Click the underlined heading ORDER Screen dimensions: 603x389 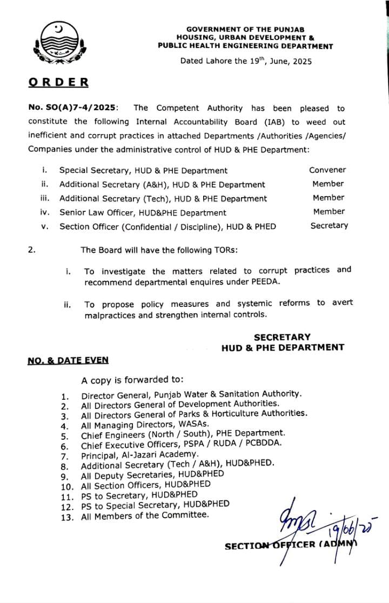click(58, 83)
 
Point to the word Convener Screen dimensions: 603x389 click(327, 170)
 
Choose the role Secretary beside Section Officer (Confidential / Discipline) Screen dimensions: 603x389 click(329, 226)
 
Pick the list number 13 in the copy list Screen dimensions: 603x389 click(66, 516)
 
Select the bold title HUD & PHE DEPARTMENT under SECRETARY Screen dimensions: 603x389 click(283, 347)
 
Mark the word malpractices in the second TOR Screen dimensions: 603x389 click(110, 315)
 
